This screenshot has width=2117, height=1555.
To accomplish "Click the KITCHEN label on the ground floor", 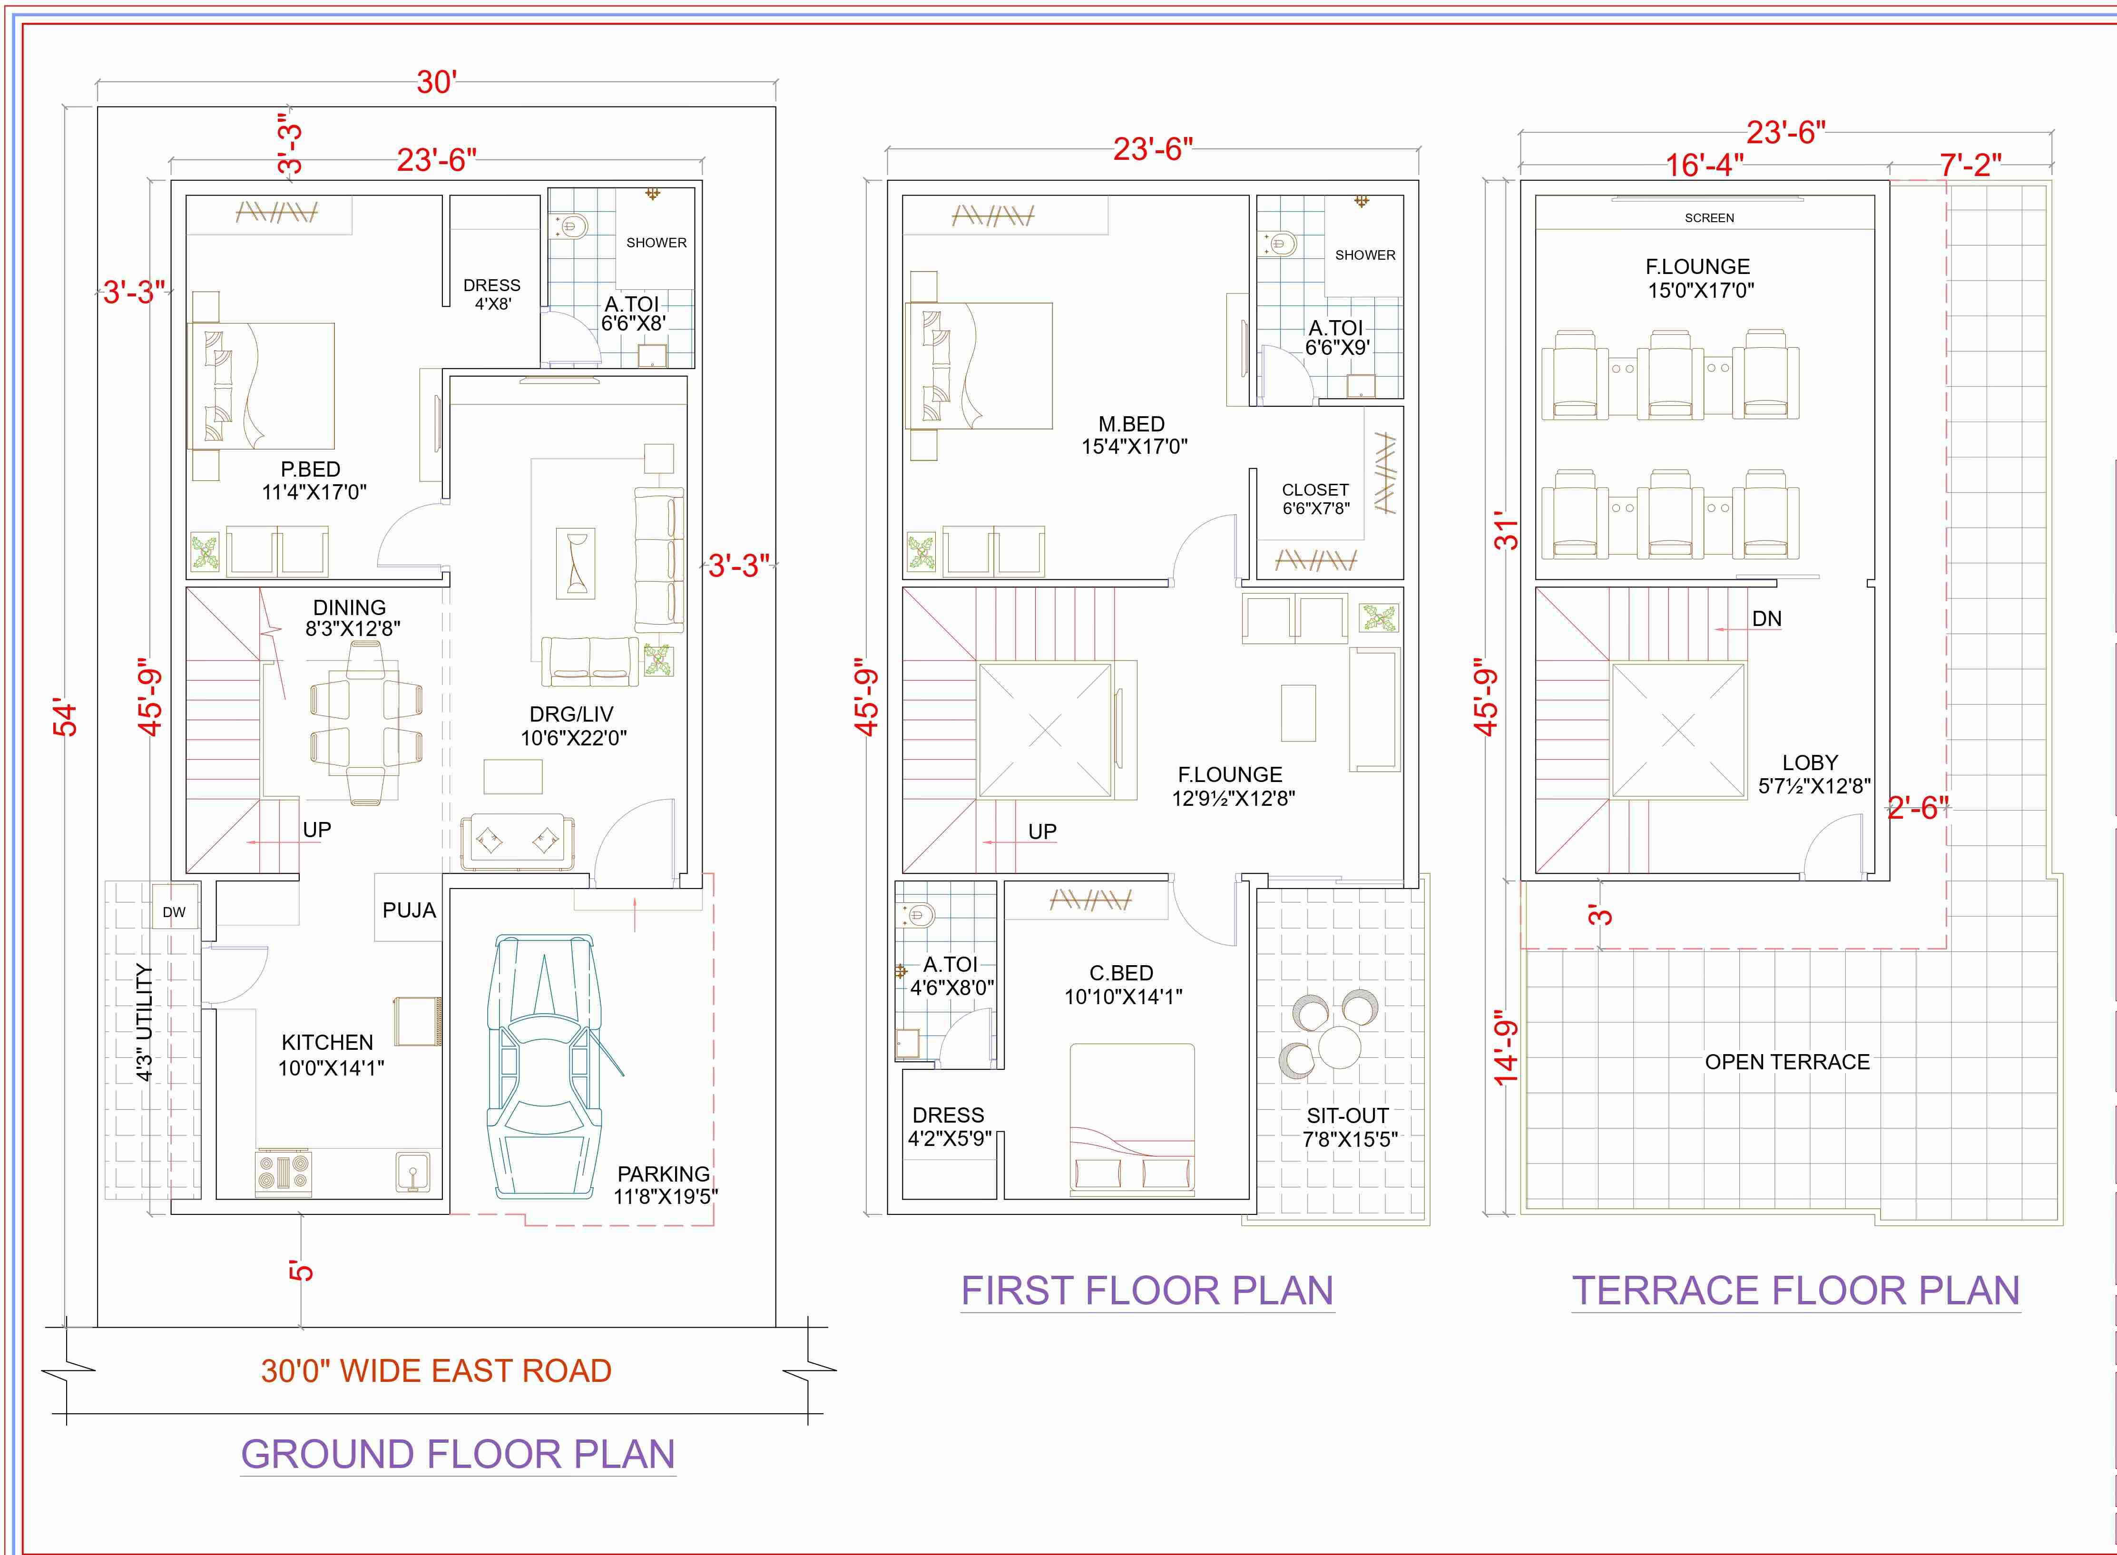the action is (x=328, y=1042).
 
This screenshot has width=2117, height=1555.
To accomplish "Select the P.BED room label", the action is (x=311, y=469).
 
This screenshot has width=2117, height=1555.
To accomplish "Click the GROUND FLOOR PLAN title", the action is (x=459, y=1454).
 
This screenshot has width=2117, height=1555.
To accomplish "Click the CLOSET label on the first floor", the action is (x=1315, y=489).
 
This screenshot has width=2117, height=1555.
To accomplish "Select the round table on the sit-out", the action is (x=1339, y=1046).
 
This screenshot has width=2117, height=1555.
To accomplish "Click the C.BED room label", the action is (x=1121, y=972).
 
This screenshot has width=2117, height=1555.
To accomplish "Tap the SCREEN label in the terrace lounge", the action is (x=1709, y=217).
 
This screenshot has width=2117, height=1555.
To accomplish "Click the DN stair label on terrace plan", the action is (x=1767, y=618).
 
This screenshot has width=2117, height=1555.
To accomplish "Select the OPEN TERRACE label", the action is (x=1786, y=1062).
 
